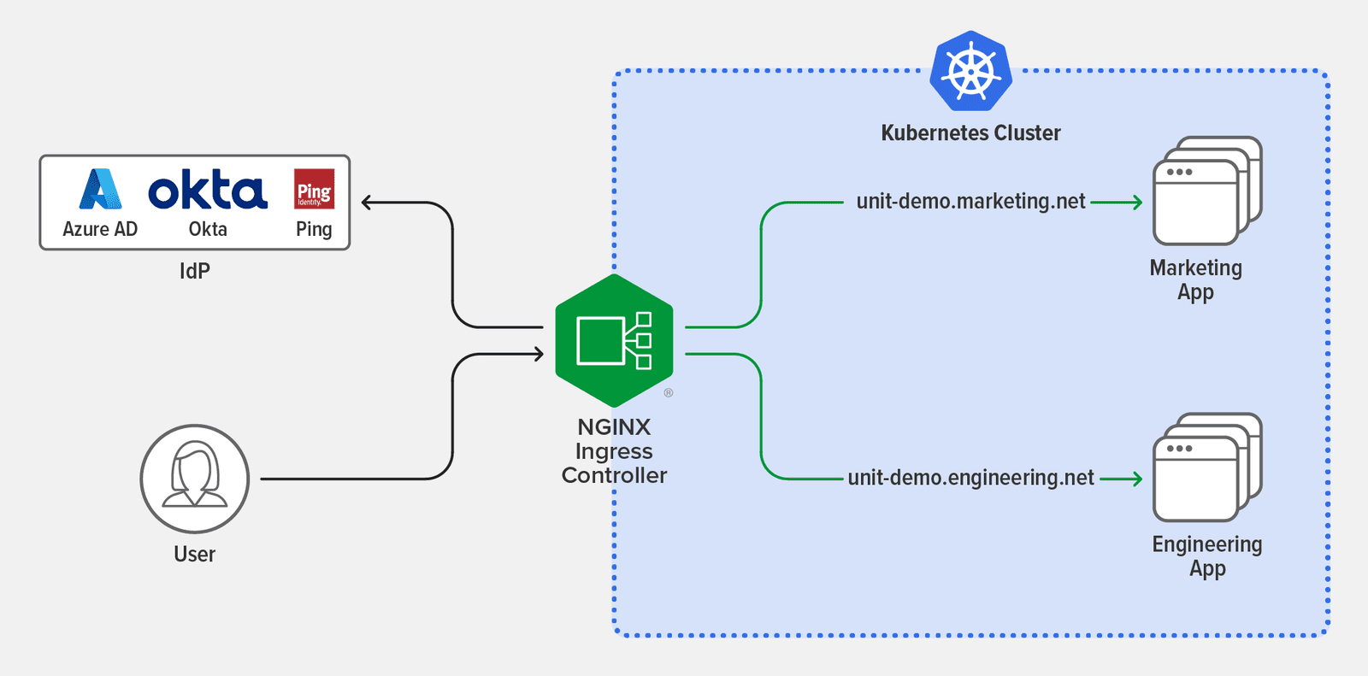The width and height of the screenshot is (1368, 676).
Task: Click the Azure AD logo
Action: [x=100, y=189]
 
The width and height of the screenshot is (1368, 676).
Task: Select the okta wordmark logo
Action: [x=208, y=190]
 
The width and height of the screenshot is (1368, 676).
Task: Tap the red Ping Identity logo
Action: [x=314, y=189]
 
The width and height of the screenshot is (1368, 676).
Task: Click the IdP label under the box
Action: [x=194, y=271]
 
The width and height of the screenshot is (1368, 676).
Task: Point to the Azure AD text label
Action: [x=100, y=229]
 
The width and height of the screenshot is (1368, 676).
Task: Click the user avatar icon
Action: [x=195, y=479]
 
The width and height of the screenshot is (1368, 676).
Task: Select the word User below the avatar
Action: [x=194, y=554]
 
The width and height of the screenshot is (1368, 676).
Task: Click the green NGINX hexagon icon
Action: [x=614, y=340]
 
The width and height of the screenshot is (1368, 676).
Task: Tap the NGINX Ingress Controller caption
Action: [x=614, y=451]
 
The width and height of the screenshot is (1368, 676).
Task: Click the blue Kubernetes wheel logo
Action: [x=971, y=72]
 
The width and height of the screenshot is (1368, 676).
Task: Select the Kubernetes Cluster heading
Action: [x=970, y=133]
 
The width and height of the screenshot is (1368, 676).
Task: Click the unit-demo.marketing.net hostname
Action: [x=970, y=202]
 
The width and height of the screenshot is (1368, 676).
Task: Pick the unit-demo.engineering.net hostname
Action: [x=970, y=478]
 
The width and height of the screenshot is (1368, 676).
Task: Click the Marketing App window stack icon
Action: [x=1206, y=191]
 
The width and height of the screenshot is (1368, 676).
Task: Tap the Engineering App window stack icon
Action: [x=1206, y=467]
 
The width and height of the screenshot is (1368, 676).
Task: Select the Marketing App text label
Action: [x=1195, y=279]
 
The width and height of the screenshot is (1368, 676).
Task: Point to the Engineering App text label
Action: [x=1206, y=555]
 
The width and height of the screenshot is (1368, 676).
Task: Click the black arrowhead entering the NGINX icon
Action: [x=538, y=354]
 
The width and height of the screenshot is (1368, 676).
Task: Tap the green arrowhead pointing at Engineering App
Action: [x=1137, y=479]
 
